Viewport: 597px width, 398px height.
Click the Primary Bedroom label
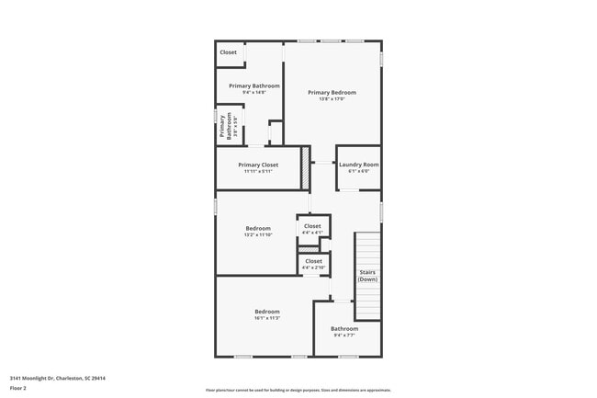pos(332,92)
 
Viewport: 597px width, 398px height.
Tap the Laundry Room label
pos(358,165)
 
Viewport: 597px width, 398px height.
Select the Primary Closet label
pos(258,165)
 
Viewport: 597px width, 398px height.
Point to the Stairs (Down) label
pos(367,275)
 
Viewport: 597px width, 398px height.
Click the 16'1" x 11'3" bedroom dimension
pos(266,318)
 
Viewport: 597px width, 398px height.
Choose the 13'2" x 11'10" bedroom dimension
pos(257,234)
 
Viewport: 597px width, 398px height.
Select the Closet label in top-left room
pos(228,52)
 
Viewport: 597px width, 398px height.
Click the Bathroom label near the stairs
pos(344,328)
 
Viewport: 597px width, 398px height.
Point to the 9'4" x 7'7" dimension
pos(344,335)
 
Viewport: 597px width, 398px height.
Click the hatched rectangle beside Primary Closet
pos(307,168)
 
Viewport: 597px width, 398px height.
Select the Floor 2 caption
pos(19,388)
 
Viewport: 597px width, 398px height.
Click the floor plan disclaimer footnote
pos(298,390)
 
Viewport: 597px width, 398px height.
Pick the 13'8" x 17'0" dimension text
pos(332,98)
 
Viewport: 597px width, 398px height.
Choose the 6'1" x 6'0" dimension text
pos(358,171)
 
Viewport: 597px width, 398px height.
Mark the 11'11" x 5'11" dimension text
pos(258,171)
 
